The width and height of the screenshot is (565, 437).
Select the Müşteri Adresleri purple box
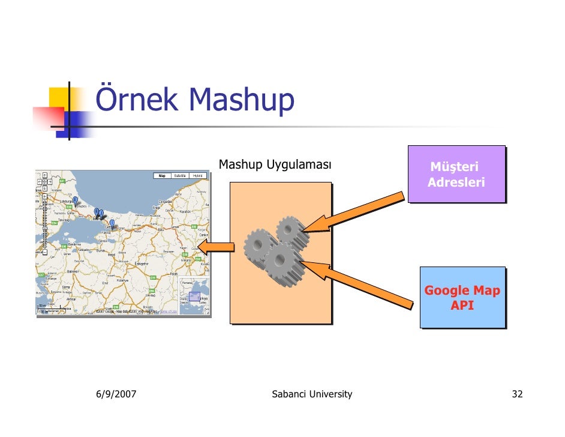coord(456,174)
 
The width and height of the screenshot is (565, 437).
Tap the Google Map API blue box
coord(462,298)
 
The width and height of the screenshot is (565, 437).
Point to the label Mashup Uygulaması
coord(275,164)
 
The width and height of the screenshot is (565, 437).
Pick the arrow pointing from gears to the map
coord(216,246)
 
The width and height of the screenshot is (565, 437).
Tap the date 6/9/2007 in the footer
coord(116,394)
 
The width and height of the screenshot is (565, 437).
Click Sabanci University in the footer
coord(312,394)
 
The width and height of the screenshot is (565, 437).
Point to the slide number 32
coord(517,394)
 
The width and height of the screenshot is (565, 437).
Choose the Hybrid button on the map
coord(199,176)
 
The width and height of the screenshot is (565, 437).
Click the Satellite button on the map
coord(180,176)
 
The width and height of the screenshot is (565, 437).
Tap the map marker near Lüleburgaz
coord(75,200)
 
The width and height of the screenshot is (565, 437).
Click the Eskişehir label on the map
coord(142,264)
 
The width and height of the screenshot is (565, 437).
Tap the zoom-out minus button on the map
coord(44,253)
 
